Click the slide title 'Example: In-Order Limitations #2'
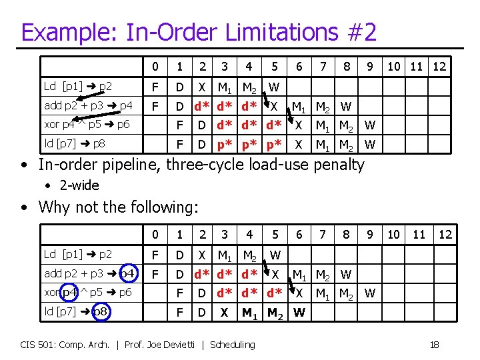tap(199, 32)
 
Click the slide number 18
tap(434, 344)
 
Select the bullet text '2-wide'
tap(81, 185)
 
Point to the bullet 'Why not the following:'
tap(119, 207)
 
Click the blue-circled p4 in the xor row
tap(70, 293)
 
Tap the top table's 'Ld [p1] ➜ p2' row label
tap(77, 86)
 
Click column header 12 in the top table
tap(439, 67)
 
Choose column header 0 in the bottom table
tap(155, 235)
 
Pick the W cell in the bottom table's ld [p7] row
tap(299, 312)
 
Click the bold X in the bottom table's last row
tap(225, 312)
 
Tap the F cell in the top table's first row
tap(155, 87)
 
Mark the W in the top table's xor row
tap(370, 125)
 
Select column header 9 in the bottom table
tap(369, 235)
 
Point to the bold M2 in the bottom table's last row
tap(274, 312)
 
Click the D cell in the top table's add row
tap(179, 106)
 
